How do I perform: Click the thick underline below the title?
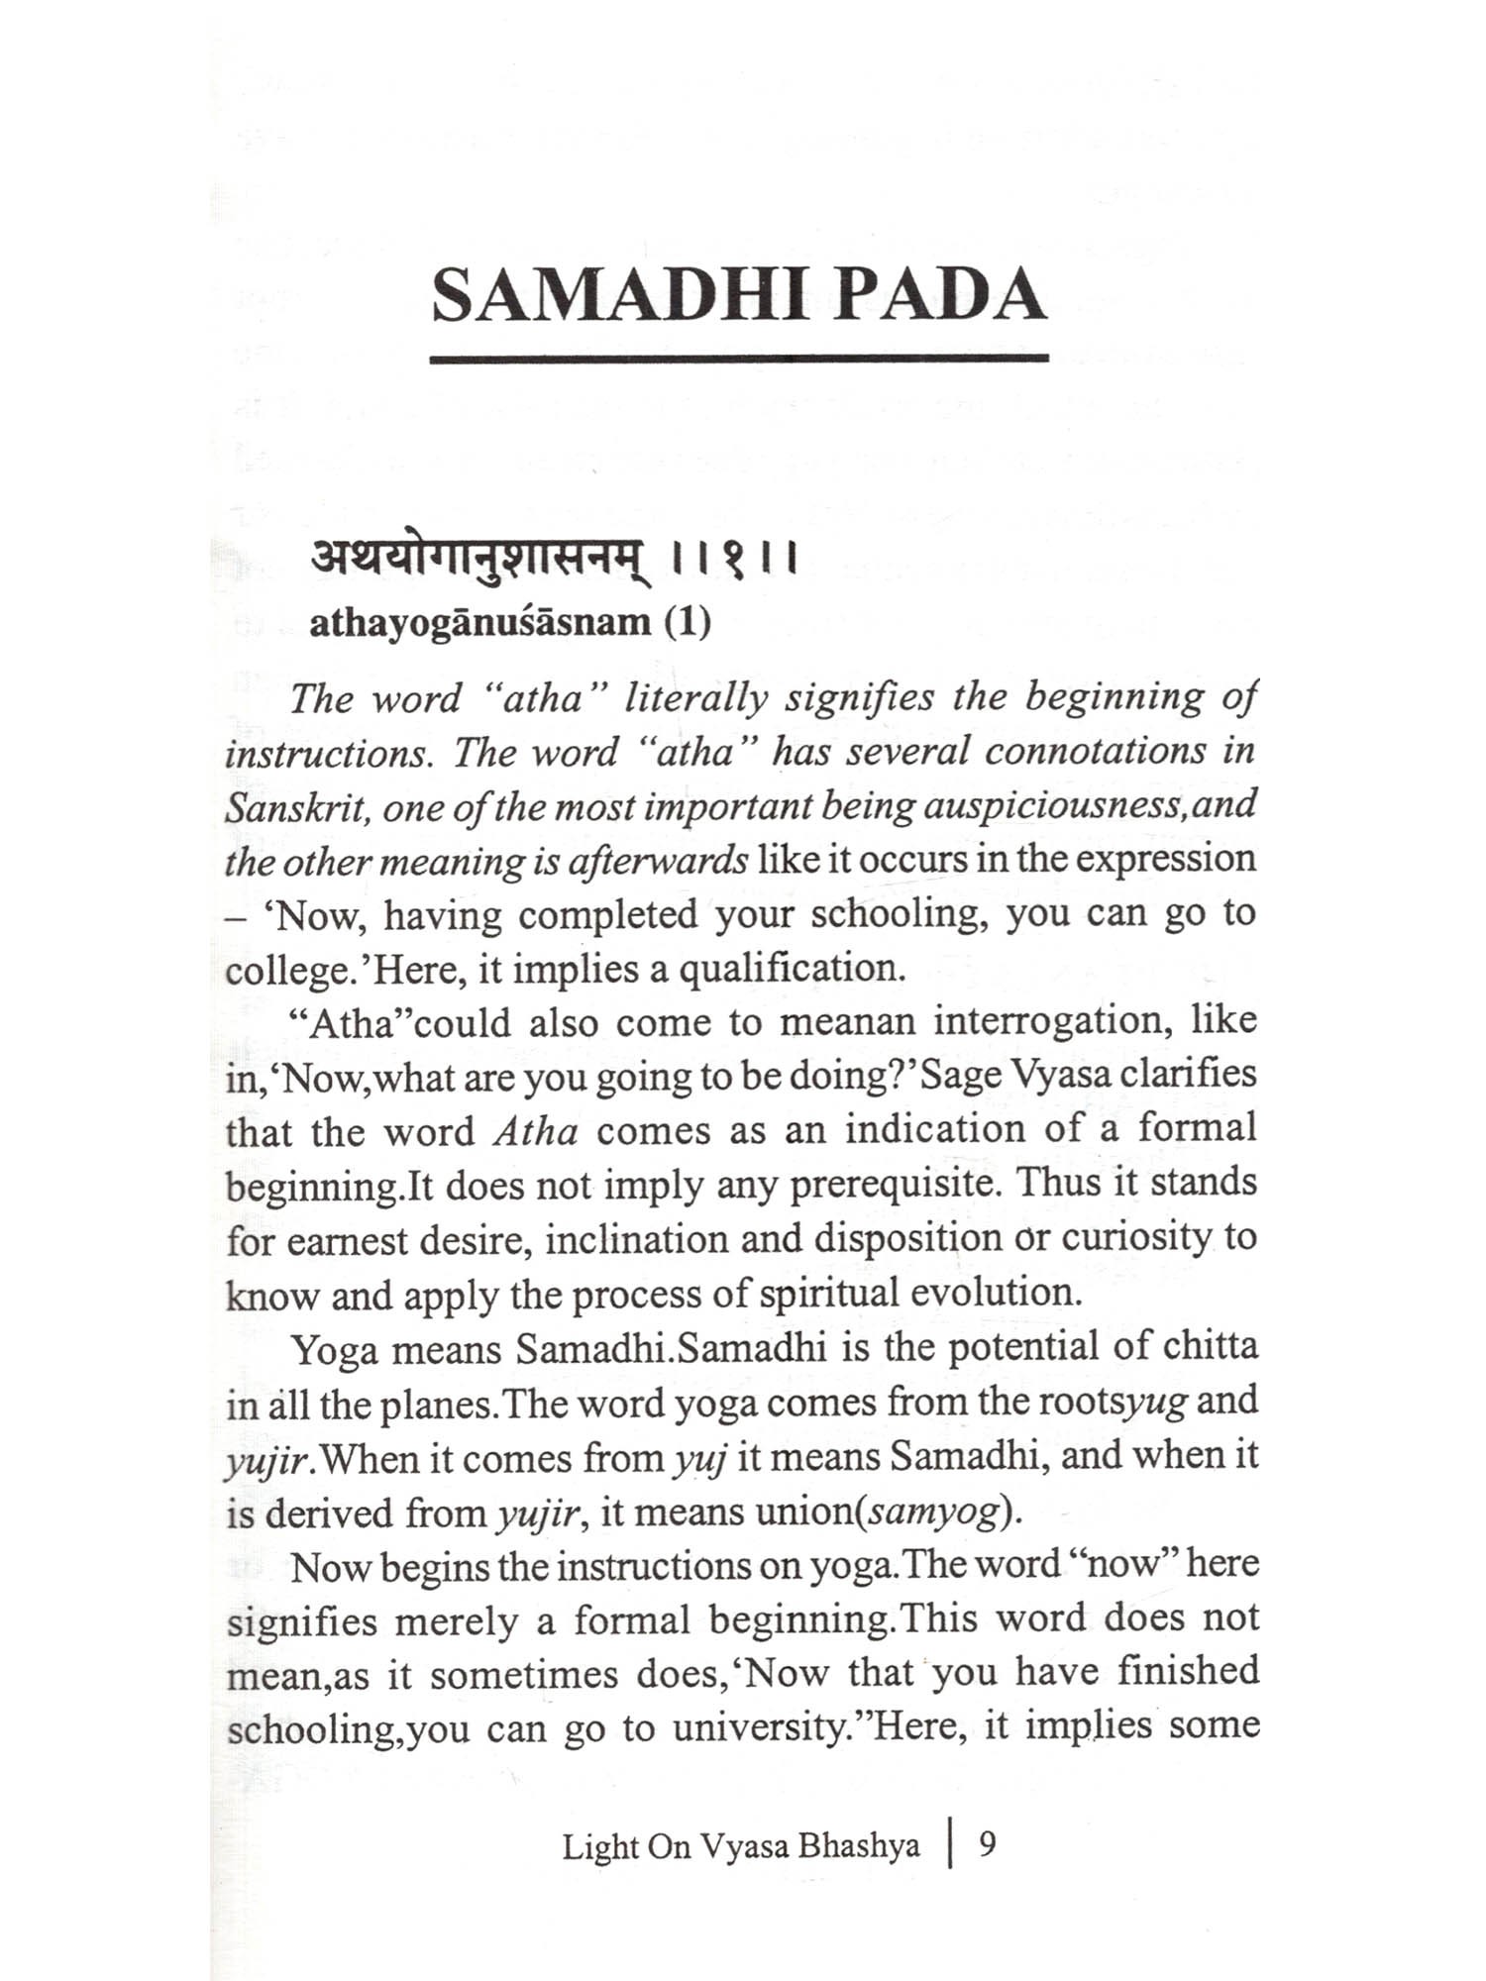[739, 359]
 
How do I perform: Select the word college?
[285, 970]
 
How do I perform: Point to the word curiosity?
[1119, 1238]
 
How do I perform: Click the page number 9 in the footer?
[987, 1844]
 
